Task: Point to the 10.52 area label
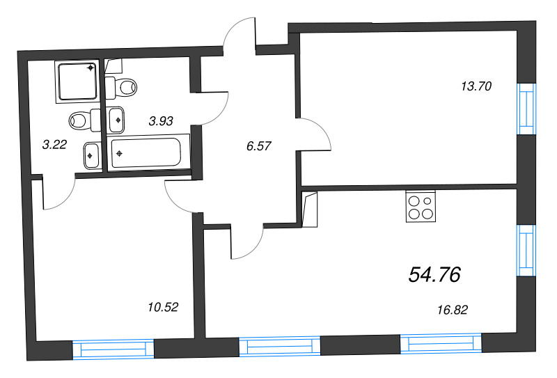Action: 163,306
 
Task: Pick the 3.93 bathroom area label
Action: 161,120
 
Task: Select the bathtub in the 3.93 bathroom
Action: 149,152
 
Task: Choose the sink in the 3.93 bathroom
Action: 117,119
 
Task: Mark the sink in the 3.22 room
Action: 91,155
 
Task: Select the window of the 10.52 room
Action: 113,349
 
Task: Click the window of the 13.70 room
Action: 528,108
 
